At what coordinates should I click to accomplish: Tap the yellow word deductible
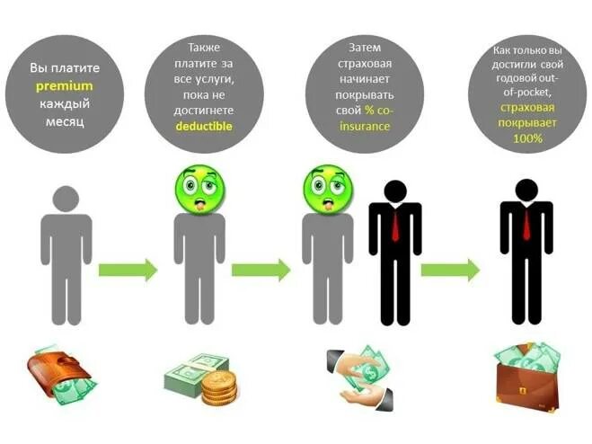[203, 127]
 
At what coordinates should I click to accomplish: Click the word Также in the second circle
[203, 47]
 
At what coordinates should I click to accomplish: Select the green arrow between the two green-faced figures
[261, 269]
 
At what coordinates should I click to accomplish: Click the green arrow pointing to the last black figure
[449, 269]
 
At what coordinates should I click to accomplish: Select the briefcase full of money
[527, 376]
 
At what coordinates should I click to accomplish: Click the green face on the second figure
[199, 190]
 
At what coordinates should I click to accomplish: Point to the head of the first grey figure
[65, 199]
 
